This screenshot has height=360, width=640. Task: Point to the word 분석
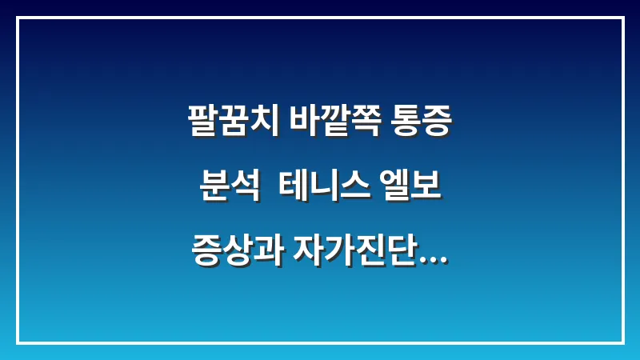pyautogui.click(x=227, y=191)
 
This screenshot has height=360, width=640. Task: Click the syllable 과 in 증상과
pyautogui.click(x=262, y=258)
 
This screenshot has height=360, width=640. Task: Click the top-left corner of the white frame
pyautogui.click(x=18, y=18)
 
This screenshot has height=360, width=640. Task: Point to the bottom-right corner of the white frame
pyautogui.click(x=622, y=342)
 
